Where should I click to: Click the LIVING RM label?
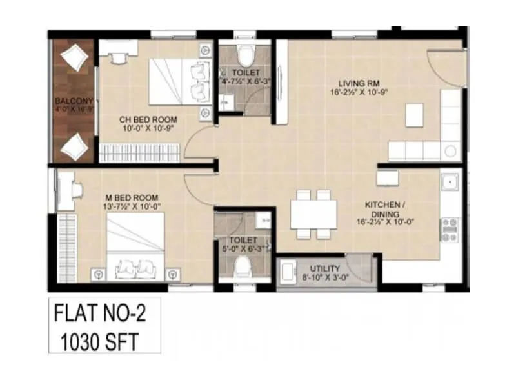(354, 83)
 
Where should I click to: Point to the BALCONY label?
(73, 101)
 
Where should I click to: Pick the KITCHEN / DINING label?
(385, 209)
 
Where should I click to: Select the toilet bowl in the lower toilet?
(243, 266)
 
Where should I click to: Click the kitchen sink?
(450, 183)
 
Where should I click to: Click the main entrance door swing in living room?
(445, 64)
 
